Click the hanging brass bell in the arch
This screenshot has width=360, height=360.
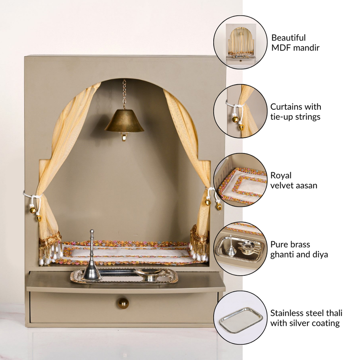(124, 122)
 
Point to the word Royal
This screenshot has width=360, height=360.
(281, 175)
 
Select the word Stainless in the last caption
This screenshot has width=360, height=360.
(288, 313)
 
